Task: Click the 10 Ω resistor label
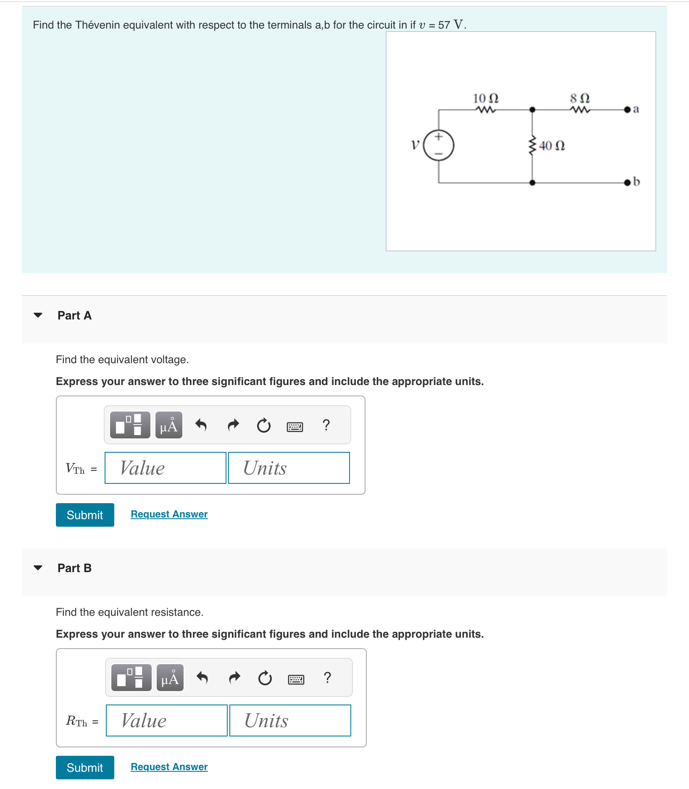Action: [x=486, y=98]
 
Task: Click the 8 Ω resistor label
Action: [x=580, y=98]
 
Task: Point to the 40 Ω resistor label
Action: [x=552, y=146]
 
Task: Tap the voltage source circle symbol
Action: [x=439, y=145]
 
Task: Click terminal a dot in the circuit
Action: [x=627, y=110]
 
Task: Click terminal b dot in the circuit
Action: [x=627, y=182]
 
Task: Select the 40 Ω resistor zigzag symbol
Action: [x=532, y=145]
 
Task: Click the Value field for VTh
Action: [x=166, y=468]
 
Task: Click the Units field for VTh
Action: [x=289, y=468]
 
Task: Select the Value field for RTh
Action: [x=167, y=720]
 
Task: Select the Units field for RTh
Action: [x=290, y=720]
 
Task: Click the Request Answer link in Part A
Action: [x=169, y=514]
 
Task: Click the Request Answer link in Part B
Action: [x=169, y=767]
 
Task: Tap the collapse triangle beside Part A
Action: [x=38, y=315]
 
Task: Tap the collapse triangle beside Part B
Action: [x=38, y=568]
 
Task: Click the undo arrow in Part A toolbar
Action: [x=201, y=425]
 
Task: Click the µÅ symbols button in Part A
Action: [x=169, y=425]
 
